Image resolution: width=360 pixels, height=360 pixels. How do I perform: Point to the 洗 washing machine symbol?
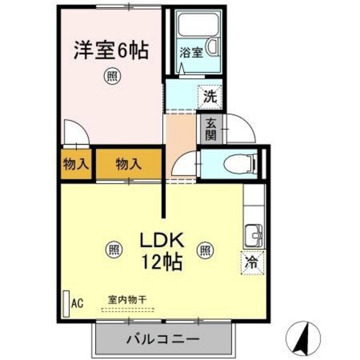(210, 97)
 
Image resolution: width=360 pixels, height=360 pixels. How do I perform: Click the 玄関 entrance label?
(211, 129)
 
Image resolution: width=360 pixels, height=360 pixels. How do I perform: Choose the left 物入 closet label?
(75, 165)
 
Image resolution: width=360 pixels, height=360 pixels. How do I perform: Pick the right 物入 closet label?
(128, 165)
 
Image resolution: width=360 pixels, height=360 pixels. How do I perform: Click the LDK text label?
(163, 241)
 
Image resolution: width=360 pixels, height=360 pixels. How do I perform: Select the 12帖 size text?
(163, 262)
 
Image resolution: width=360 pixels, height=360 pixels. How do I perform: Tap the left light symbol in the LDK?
(113, 249)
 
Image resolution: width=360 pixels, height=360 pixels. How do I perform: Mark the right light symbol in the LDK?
(206, 249)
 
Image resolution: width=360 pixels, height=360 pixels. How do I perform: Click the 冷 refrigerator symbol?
(253, 262)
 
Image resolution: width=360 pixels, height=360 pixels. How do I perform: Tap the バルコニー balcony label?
(163, 338)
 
